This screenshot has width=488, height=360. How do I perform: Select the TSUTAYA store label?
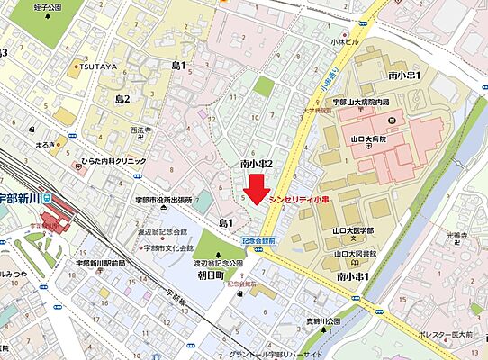pos(98,67)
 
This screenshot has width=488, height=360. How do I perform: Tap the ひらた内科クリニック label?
pos(113,159)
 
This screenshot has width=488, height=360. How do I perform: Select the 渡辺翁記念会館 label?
pos(163,231)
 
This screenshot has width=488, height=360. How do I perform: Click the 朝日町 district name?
pos(212,277)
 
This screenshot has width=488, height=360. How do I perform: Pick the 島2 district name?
pos(122,98)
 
